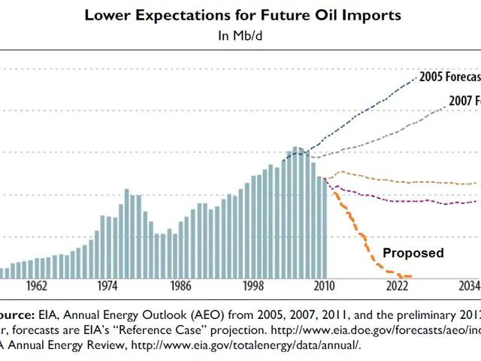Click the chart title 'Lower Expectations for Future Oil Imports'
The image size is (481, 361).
pos(243,15)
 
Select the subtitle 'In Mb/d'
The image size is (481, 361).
pos(242,34)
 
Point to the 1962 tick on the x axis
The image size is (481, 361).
pos(35,287)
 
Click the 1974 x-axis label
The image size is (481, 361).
pos(107,287)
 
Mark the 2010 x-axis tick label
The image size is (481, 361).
pos(325,287)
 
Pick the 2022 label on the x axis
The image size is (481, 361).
pos(397,287)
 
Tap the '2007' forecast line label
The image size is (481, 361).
pos(464,100)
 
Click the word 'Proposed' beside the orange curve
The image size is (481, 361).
pos(413,253)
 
